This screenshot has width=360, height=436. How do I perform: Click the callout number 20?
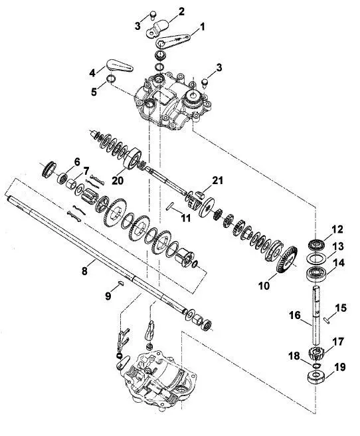tap(118, 181)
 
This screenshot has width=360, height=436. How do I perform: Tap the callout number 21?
tap(217, 180)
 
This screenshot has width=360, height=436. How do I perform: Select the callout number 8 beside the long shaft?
tap(84, 271)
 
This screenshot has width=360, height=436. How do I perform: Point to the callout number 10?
tap(264, 285)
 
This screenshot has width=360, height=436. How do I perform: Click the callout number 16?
tap(295, 315)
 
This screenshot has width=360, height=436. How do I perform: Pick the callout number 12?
tap(337, 230)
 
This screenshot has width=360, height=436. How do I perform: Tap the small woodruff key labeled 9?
tap(120, 283)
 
